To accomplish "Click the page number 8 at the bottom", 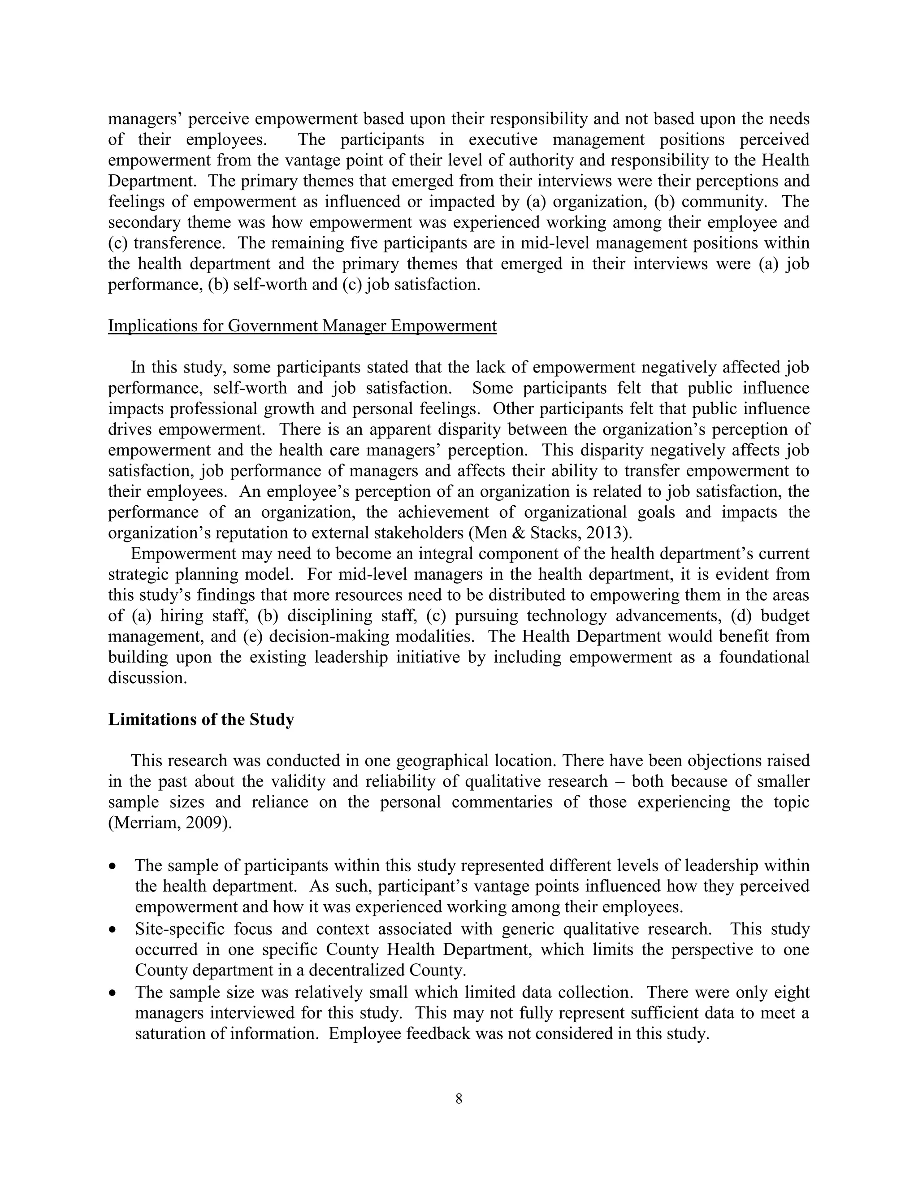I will tap(459, 1099).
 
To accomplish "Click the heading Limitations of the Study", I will tap(201, 719).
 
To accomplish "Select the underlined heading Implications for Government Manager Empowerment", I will tap(303, 326).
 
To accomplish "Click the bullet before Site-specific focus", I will tap(113, 929).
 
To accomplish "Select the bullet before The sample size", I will tap(113, 993).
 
